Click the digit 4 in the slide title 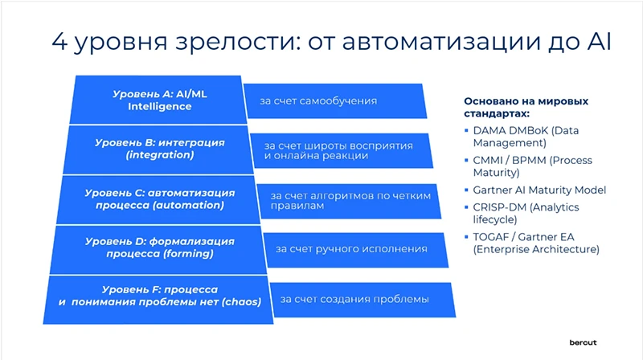[59, 42]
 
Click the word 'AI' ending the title [595, 42]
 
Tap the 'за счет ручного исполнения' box [352, 249]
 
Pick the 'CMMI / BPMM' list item [532, 166]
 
